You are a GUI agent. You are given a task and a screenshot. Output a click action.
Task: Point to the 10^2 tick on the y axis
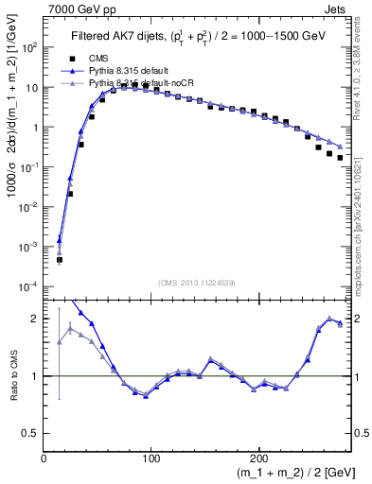[29, 47]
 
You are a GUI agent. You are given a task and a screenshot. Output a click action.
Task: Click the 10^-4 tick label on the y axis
[28, 285]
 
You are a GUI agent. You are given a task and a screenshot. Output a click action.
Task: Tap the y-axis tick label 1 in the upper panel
[35, 127]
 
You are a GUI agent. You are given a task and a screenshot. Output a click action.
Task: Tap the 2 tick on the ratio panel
[35, 319]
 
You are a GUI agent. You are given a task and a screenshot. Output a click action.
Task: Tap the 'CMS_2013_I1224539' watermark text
[197, 281]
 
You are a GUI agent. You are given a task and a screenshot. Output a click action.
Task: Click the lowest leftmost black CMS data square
[59, 259]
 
